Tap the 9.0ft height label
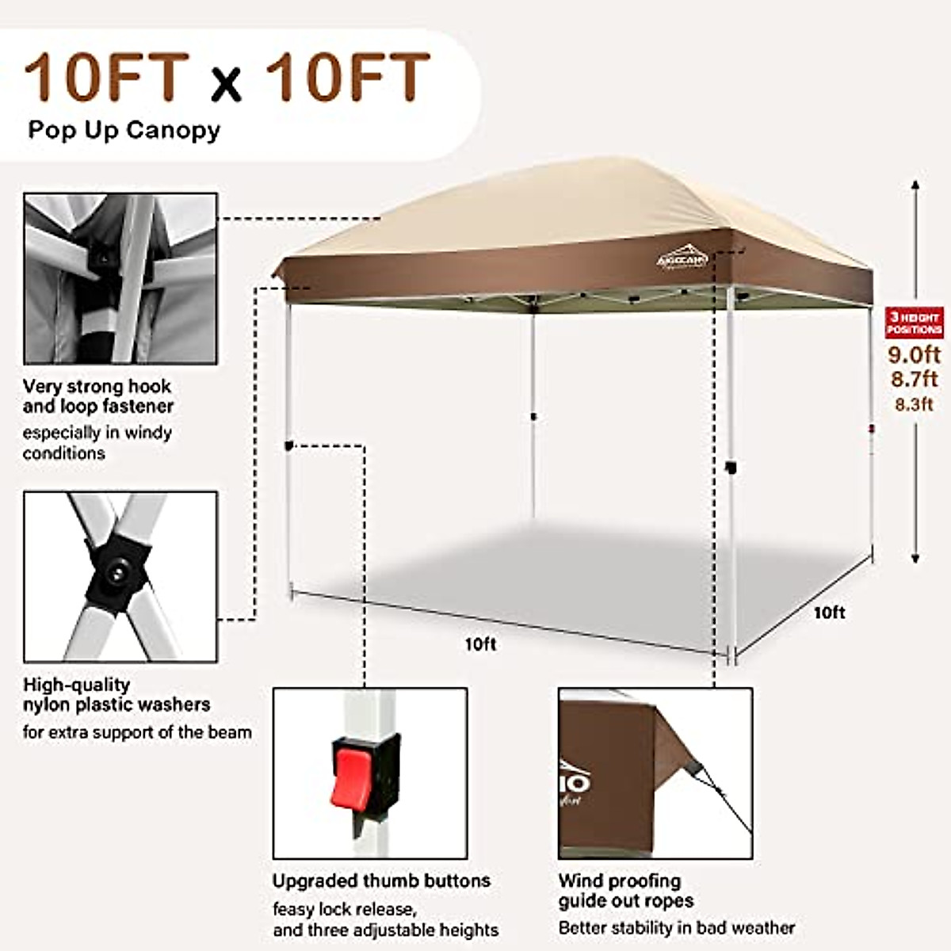pos(914,354)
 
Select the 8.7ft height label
pos(914,379)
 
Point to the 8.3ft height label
pos(914,404)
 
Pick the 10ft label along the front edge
pos(480,644)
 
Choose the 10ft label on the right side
pos(829,613)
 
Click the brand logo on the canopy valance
pos(682,259)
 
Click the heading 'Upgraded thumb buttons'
pos(381,880)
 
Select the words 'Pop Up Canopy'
pos(124,130)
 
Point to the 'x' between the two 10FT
pos(227,85)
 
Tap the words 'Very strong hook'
pos(97,386)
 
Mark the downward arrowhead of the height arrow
pos(915,558)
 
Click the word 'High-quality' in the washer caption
pos(76,684)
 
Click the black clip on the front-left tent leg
pos(289,446)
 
